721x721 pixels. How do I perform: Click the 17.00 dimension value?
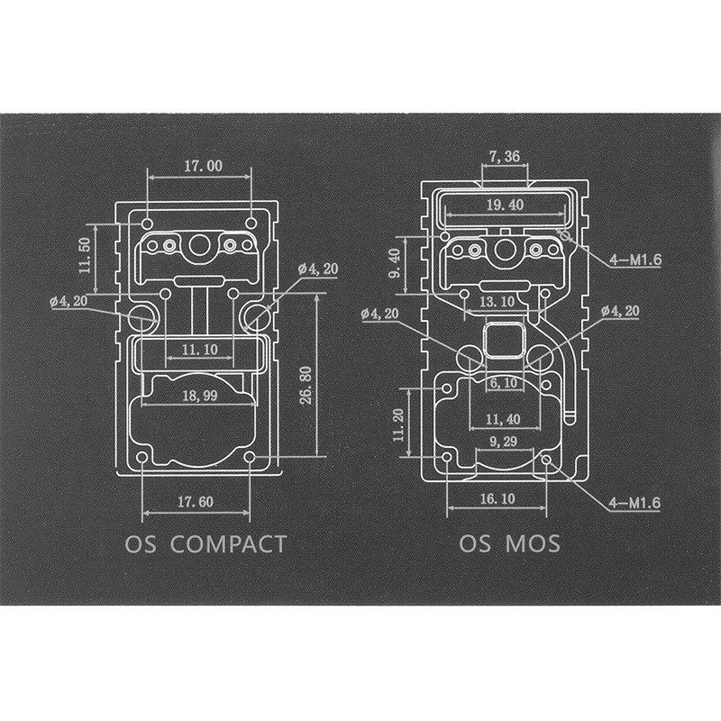203,166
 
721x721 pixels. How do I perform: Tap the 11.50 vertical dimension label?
85,255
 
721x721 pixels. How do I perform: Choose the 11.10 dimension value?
201,348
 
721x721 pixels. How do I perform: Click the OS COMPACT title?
205,544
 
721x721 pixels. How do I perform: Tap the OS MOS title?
509,544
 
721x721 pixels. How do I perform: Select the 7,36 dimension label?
505,157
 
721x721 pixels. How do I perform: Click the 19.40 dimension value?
505,205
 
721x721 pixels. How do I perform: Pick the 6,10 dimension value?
504,382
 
